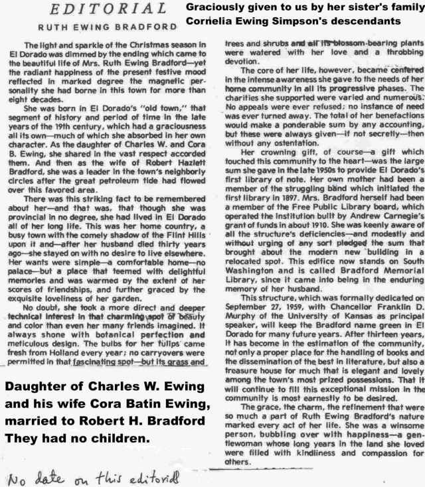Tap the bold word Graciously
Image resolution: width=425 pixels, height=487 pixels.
click(x=214, y=7)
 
